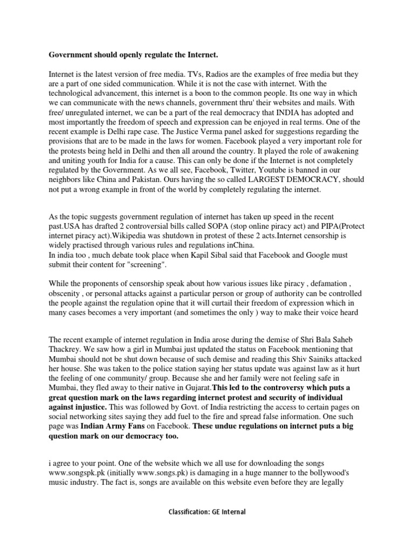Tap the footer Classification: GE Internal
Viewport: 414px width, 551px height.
tap(207, 512)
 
